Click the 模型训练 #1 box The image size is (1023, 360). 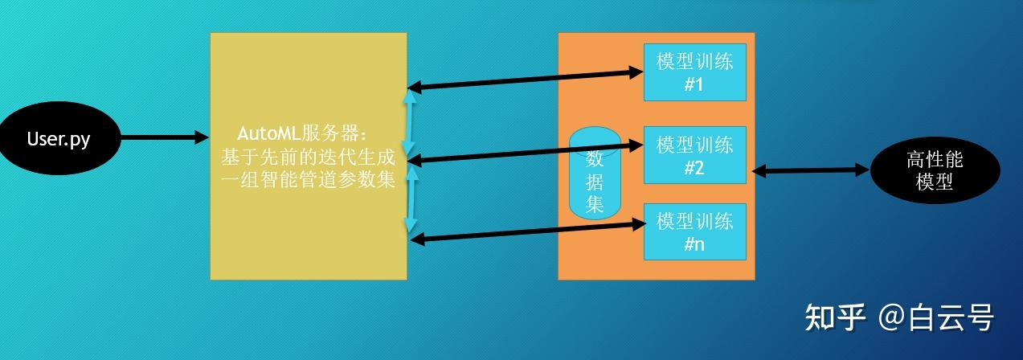tap(695, 71)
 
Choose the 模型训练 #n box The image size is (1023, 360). tap(695, 231)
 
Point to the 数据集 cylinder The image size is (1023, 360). tap(595, 173)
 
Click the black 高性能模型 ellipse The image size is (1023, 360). tap(935, 170)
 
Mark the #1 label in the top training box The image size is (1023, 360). tap(694, 84)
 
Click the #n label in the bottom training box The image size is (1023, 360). tap(694, 244)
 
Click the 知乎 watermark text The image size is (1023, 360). tap(834, 318)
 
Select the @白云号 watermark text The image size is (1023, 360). tap(936, 318)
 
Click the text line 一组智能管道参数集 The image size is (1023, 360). tap(309, 179)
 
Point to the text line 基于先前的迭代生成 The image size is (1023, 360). tap(309, 156)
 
